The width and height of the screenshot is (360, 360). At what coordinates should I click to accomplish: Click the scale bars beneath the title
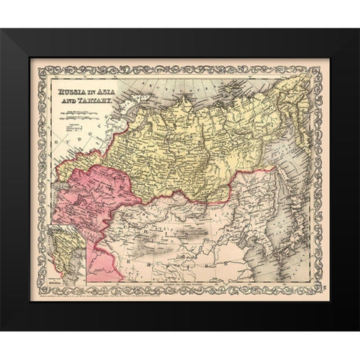[x=79, y=112]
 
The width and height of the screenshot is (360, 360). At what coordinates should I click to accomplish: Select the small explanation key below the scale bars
[x=75, y=127]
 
